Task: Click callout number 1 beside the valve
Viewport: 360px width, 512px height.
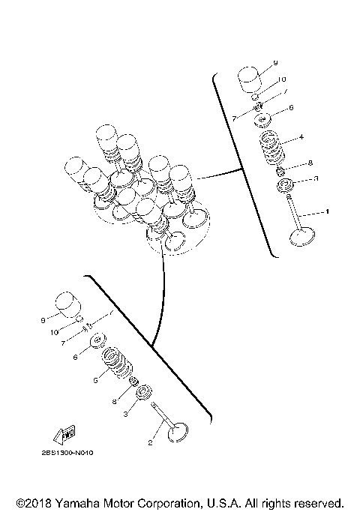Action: [x=326, y=212]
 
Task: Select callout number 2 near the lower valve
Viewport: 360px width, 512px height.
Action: [x=151, y=443]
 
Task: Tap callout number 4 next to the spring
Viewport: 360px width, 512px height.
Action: [x=301, y=138]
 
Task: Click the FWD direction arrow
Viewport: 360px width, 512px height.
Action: [x=63, y=436]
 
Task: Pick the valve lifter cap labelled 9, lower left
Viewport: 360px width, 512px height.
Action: [x=68, y=305]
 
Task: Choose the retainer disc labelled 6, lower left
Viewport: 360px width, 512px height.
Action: [x=98, y=343]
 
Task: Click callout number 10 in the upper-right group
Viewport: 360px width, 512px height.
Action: [x=282, y=79]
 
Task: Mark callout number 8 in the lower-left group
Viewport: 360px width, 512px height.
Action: [x=115, y=401]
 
